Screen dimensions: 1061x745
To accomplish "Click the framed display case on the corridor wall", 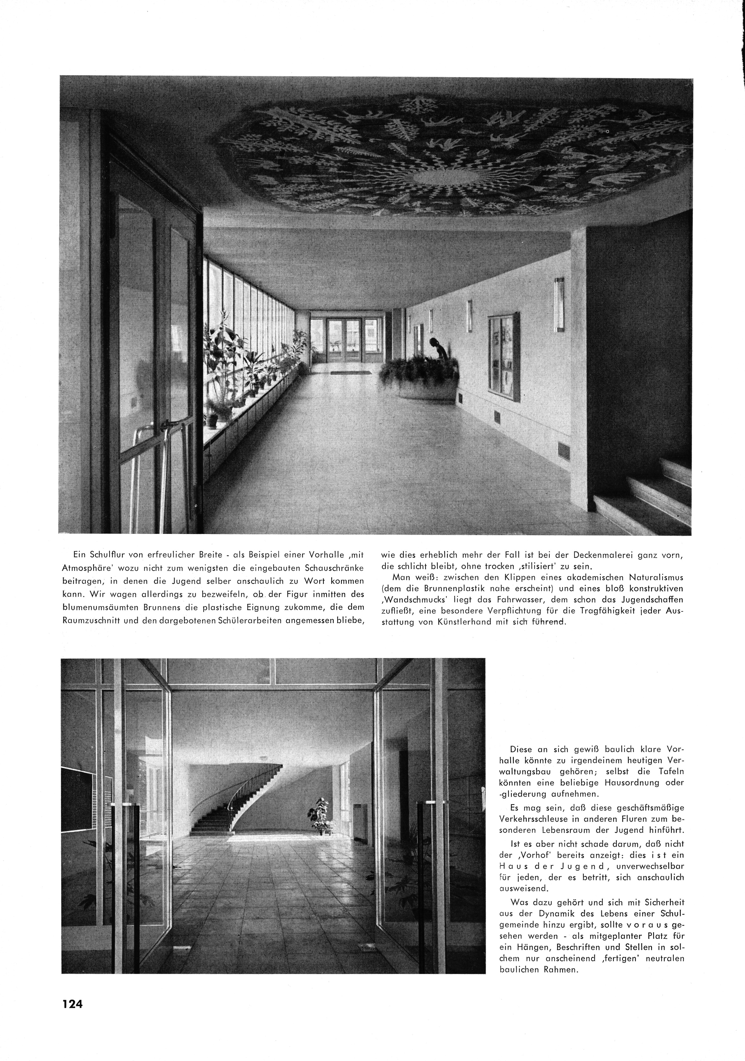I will pos(504,355).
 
